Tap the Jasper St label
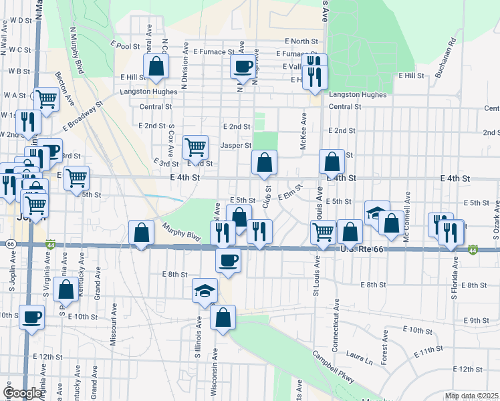click(235, 145)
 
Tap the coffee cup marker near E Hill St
click(242, 66)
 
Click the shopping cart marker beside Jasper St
click(195, 146)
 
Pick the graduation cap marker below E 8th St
click(205, 291)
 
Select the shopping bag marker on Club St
click(265, 162)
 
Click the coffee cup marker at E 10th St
click(31, 317)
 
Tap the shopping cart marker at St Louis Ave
click(324, 232)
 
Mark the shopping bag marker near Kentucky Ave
click(66, 290)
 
